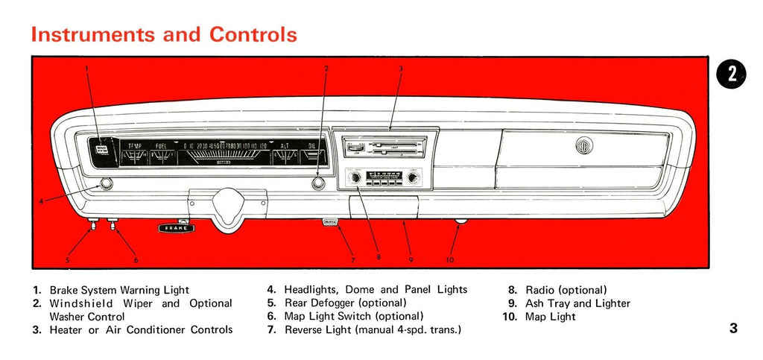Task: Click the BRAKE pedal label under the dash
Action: (176, 228)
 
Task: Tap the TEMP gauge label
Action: (135, 146)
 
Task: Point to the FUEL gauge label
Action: (161, 146)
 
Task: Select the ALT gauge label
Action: (285, 146)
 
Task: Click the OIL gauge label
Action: (312, 146)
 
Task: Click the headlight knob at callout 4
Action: (106, 184)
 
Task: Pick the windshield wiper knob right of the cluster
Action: (319, 183)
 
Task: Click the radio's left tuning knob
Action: (355, 178)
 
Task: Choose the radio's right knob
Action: (413, 178)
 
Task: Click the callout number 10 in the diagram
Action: (449, 260)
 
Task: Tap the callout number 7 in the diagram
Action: (353, 260)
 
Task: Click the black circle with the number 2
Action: (732, 73)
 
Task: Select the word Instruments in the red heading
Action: (93, 34)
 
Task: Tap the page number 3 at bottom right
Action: (733, 328)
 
